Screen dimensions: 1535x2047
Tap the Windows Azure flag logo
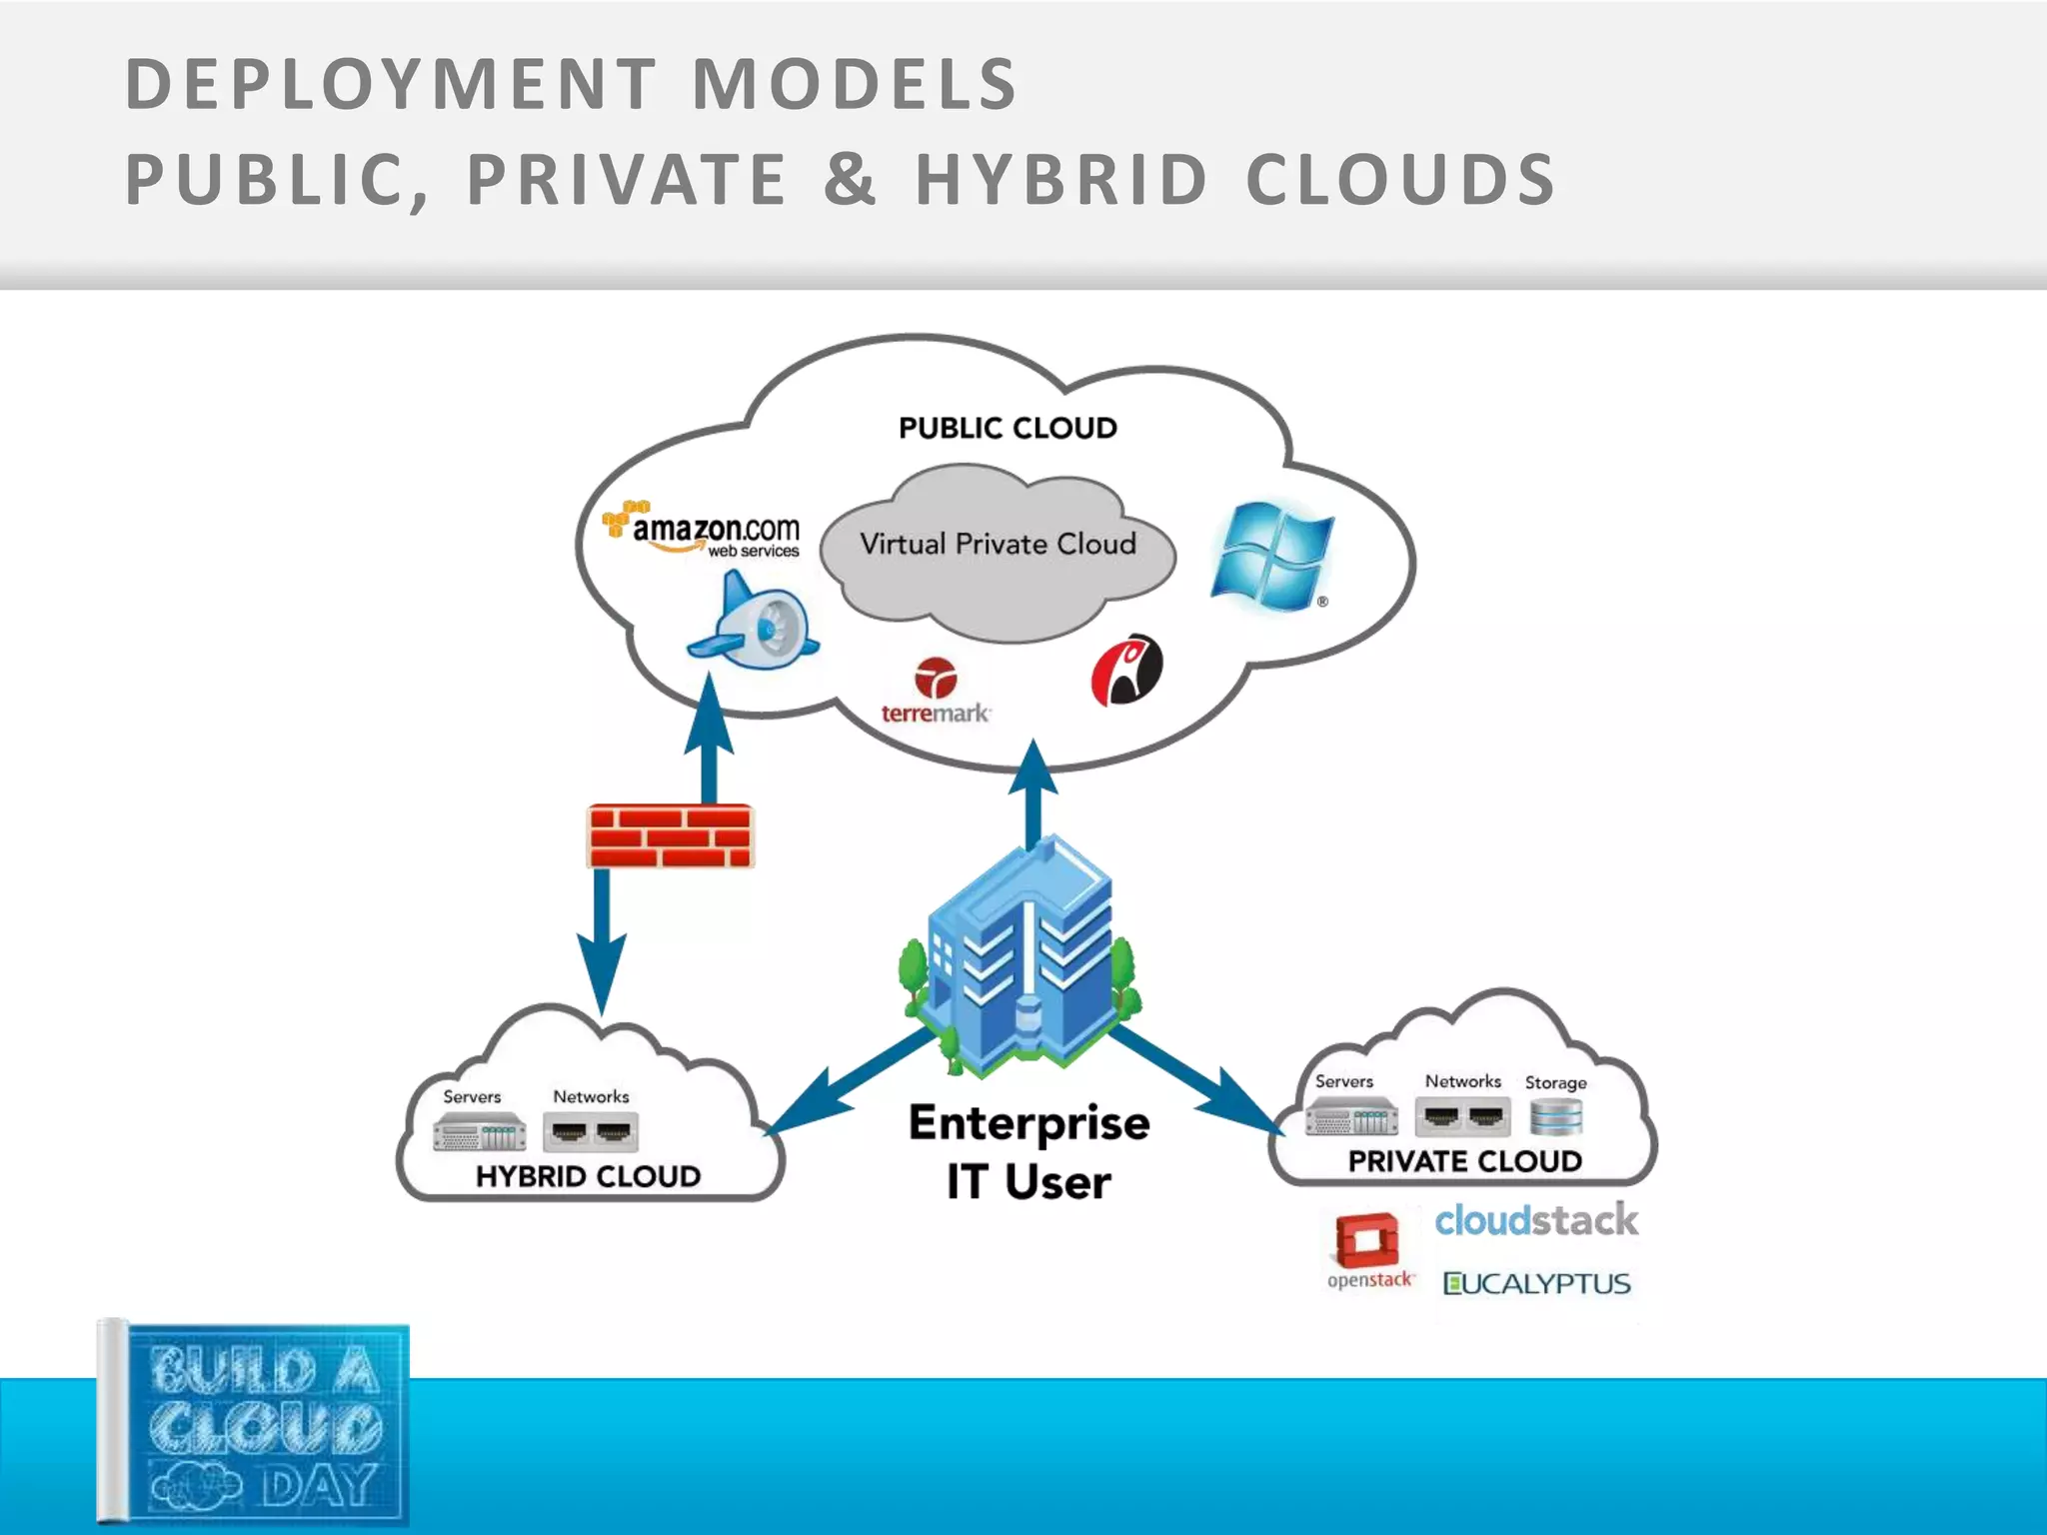click(1271, 557)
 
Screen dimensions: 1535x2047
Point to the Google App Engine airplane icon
click(754, 620)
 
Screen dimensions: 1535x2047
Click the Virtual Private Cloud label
click(998, 545)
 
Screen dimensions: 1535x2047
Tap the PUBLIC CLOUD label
click(1008, 429)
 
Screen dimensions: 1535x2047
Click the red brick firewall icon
click(670, 835)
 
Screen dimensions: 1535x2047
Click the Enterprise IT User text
click(1028, 1152)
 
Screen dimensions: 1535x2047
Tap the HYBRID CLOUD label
click(588, 1176)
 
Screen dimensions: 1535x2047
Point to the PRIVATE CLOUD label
click(1464, 1161)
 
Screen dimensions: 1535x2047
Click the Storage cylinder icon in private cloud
click(1555, 1117)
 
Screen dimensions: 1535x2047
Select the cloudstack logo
click(1536, 1220)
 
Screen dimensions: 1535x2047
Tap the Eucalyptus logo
click(1536, 1284)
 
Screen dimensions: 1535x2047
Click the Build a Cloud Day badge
click(255, 1425)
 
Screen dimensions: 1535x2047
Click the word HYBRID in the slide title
click(1061, 180)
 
